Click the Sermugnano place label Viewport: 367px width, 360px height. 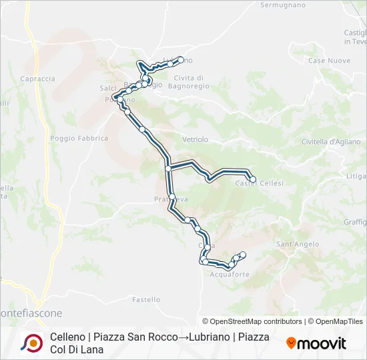(x=283, y=5)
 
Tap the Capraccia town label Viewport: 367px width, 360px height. (x=38, y=79)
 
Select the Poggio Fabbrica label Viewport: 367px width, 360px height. (x=79, y=139)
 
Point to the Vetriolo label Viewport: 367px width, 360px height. (x=196, y=139)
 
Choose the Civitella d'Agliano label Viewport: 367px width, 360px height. (x=331, y=141)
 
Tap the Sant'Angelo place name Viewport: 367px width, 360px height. (x=295, y=244)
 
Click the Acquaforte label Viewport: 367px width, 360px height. (x=230, y=274)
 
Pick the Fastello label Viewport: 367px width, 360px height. (x=146, y=300)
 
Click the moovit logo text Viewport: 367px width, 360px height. (x=322, y=344)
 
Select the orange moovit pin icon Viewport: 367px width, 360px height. (x=291, y=343)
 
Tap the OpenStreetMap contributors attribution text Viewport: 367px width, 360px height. (x=252, y=321)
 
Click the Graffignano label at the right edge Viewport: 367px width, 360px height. (x=355, y=222)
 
